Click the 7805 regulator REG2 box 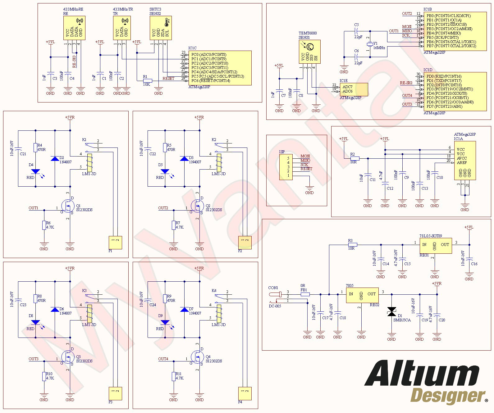362,295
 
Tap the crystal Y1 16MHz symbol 370,44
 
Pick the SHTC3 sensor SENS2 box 160,28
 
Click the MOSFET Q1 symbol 68,205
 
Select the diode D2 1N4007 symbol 55,159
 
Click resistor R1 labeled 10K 147,81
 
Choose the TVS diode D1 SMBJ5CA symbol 391,312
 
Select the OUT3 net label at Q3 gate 34,359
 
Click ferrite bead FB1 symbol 304,294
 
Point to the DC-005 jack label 275,306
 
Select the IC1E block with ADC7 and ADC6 354,89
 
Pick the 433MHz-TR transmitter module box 122,28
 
